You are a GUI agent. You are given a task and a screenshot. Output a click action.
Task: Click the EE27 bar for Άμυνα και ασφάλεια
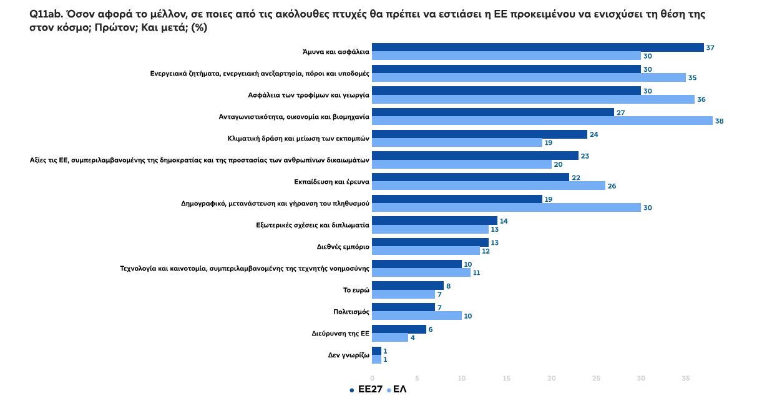click(x=537, y=47)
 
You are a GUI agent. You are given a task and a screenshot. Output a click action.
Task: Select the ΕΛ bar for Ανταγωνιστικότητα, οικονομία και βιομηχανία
click(x=542, y=121)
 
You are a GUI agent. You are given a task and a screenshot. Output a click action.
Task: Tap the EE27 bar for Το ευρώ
click(x=408, y=286)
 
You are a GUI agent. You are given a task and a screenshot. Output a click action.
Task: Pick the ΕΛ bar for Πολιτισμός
click(x=416, y=316)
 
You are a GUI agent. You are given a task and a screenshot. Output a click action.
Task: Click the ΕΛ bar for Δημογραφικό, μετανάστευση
click(x=506, y=207)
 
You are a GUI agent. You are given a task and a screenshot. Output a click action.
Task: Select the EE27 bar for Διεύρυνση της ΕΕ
click(x=399, y=329)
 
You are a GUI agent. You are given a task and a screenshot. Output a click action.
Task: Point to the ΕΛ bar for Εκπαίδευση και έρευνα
click(x=488, y=186)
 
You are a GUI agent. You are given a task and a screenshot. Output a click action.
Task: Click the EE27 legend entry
click(x=366, y=390)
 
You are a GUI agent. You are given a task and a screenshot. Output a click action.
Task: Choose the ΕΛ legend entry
click(x=397, y=390)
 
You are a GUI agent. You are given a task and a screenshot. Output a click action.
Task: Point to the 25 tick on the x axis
click(x=596, y=379)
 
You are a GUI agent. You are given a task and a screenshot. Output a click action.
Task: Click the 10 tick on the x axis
click(x=462, y=379)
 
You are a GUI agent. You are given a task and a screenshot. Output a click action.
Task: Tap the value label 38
click(x=720, y=121)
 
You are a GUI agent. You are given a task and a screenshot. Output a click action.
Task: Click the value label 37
click(x=710, y=47)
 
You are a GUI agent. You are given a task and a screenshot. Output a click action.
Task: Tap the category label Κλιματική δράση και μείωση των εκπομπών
click(x=299, y=139)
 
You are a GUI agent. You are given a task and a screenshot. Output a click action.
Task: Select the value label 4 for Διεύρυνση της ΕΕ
click(x=413, y=337)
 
